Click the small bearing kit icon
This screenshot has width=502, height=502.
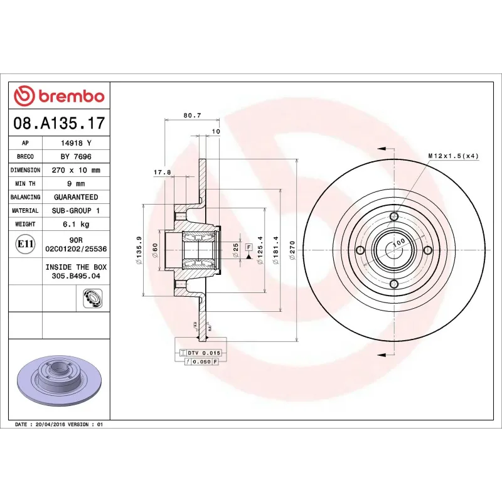click(91, 298)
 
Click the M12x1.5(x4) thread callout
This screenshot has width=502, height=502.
click(453, 155)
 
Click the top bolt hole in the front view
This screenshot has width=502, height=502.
click(393, 217)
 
